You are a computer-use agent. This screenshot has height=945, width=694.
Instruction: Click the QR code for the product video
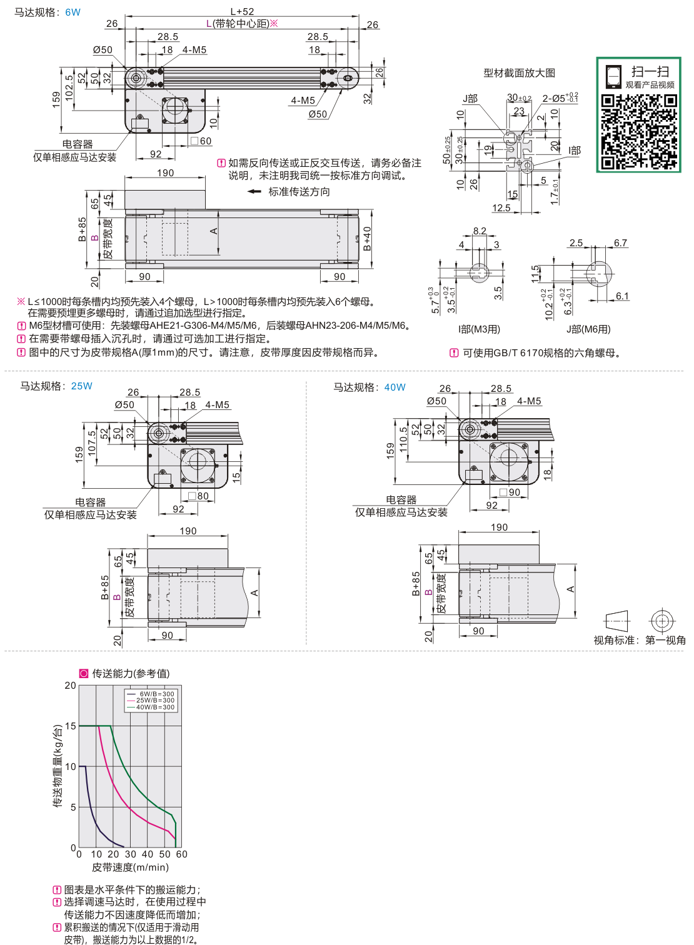pyautogui.click(x=639, y=131)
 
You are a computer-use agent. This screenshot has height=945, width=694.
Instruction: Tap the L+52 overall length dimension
pyautogui.click(x=242, y=12)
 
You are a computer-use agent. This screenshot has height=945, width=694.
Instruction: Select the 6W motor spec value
pyautogui.click(x=73, y=12)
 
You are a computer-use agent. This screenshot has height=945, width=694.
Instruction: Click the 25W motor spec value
pyautogui.click(x=81, y=386)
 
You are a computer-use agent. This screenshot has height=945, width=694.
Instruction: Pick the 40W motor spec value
pyautogui.click(x=395, y=387)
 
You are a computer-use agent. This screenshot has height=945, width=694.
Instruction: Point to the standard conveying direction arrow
pyautogui.click(x=254, y=191)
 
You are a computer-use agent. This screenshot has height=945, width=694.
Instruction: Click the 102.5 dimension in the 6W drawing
pyautogui.click(x=69, y=88)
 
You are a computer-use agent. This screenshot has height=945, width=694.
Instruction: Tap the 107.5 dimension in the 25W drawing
pyautogui.click(x=91, y=443)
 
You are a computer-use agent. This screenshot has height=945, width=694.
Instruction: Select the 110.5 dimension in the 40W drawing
pyautogui.click(x=403, y=439)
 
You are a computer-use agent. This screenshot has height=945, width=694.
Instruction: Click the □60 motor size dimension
pyautogui.click(x=201, y=141)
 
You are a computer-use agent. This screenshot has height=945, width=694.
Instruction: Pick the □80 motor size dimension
pyautogui.click(x=198, y=496)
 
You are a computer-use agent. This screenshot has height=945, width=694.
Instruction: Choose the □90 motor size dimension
pyautogui.click(x=510, y=492)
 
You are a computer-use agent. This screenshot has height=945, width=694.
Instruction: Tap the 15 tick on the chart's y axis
pyautogui.click(x=71, y=726)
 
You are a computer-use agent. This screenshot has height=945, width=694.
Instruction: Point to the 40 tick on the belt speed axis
pyautogui.click(x=148, y=854)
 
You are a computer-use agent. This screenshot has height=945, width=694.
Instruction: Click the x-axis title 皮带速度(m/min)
pyautogui.click(x=130, y=867)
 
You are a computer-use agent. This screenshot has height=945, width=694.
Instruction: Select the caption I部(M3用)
pyautogui.click(x=479, y=329)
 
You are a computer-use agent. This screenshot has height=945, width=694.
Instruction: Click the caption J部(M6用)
pyautogui.click(x=588, y=329)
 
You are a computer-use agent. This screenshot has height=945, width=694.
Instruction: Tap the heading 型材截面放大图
pyautogui.click(x=519, y=73)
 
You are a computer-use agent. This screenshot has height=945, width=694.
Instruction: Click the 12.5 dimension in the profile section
pyautogui.click(x=501, y=208)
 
